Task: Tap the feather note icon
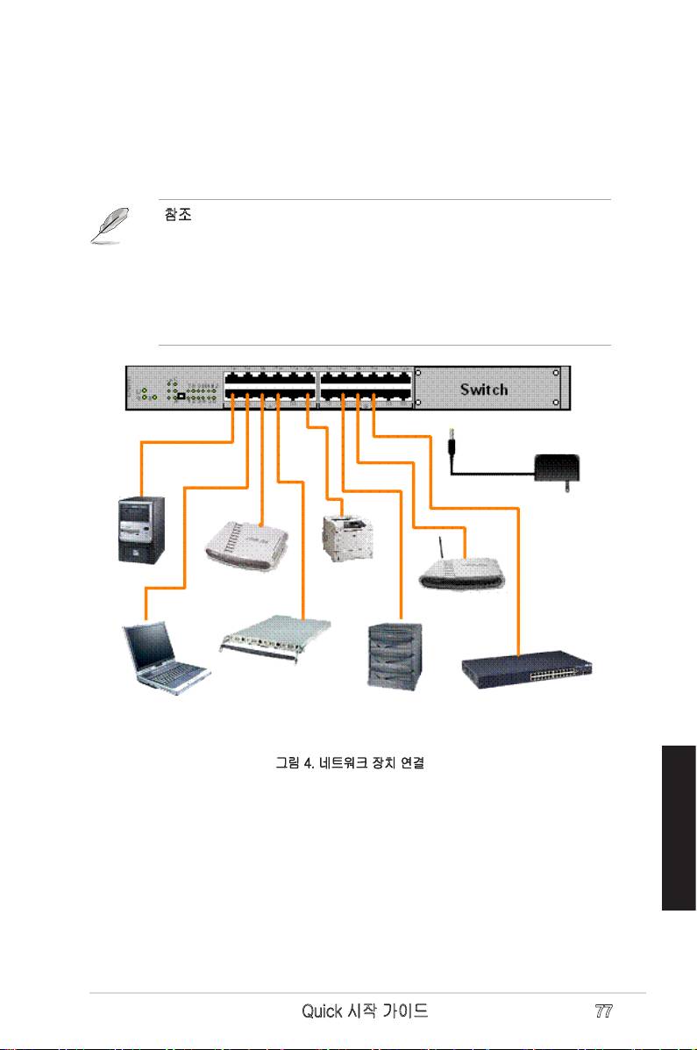point(110,225)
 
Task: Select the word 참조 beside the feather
point(178,215)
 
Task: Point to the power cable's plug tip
point(451,436)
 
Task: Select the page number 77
point(603,1011)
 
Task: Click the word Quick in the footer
point(323,1011)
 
